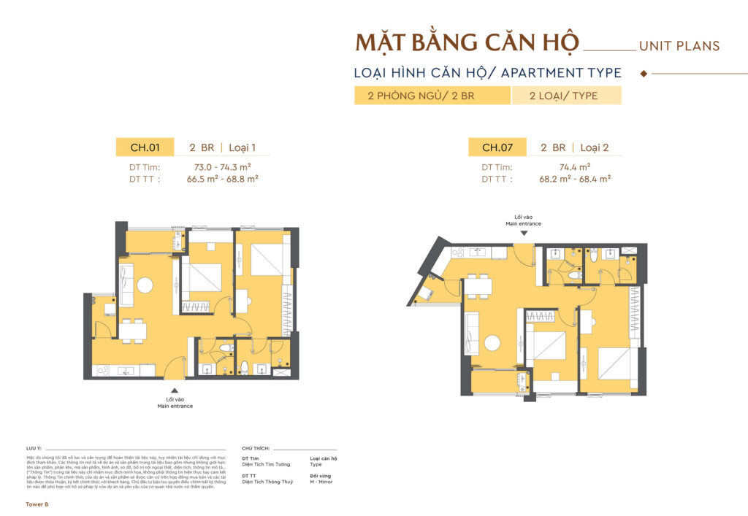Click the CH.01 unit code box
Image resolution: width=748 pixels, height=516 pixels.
(145, 147)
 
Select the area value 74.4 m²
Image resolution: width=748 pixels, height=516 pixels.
(575, 167)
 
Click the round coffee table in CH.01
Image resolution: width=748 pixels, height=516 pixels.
(144, 283)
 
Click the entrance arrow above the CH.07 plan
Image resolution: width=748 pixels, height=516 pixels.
(524, 233)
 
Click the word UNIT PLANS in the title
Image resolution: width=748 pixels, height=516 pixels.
(679, 46)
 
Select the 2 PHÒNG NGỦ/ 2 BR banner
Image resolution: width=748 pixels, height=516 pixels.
(432, 96)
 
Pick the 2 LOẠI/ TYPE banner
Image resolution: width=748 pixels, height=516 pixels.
(566, 96)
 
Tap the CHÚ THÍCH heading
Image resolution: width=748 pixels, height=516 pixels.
(256, 448)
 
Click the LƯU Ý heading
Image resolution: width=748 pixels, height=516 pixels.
(34, 448)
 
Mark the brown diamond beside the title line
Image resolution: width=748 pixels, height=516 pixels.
(644, 74)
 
